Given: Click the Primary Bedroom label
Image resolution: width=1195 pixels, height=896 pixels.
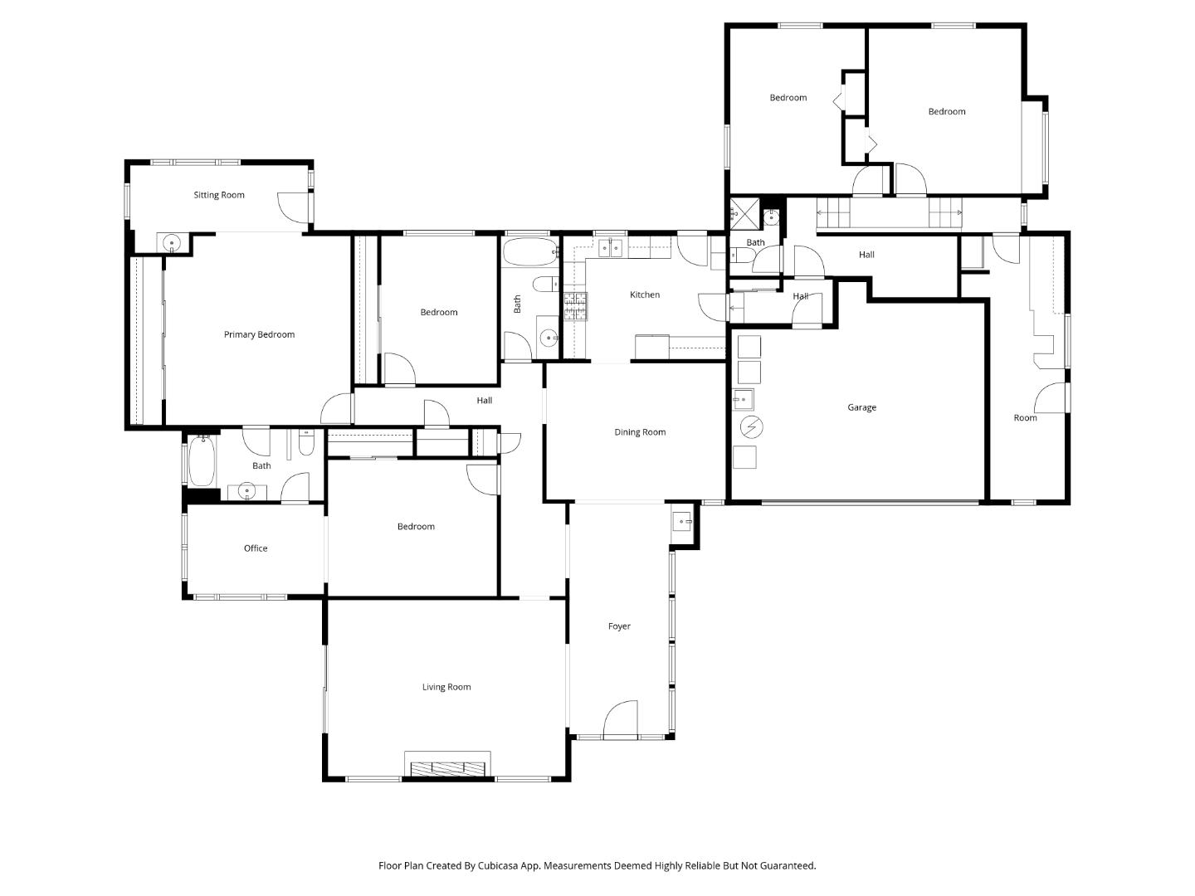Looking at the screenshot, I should pos(259,335).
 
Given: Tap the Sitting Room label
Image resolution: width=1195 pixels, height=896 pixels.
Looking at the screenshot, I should pos(219,196).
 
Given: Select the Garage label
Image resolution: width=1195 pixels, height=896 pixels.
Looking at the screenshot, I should pos(861,407).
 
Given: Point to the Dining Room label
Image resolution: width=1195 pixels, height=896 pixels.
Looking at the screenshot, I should pos(640,432).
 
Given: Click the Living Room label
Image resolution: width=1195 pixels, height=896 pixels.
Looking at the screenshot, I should pos(446,687).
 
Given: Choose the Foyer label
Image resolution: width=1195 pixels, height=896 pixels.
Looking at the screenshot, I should pos(619,626).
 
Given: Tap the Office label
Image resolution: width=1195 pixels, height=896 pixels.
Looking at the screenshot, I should pos(256,548).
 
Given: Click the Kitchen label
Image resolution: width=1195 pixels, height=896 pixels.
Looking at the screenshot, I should pos(645,295).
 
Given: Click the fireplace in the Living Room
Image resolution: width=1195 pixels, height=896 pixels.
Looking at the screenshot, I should pos(447,765).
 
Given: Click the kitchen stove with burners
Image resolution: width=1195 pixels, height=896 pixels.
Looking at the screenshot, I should pos(576,306).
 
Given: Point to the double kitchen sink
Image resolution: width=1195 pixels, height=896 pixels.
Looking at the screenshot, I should pos(612,247).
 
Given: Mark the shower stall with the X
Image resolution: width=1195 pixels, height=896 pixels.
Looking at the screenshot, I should pos(744,215).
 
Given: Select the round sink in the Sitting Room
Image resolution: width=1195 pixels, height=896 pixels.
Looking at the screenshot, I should pos(171,243).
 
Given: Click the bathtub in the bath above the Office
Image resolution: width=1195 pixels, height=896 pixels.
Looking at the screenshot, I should pos(202,462).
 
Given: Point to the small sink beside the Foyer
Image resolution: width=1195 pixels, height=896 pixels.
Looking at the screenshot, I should pos(681,522).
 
